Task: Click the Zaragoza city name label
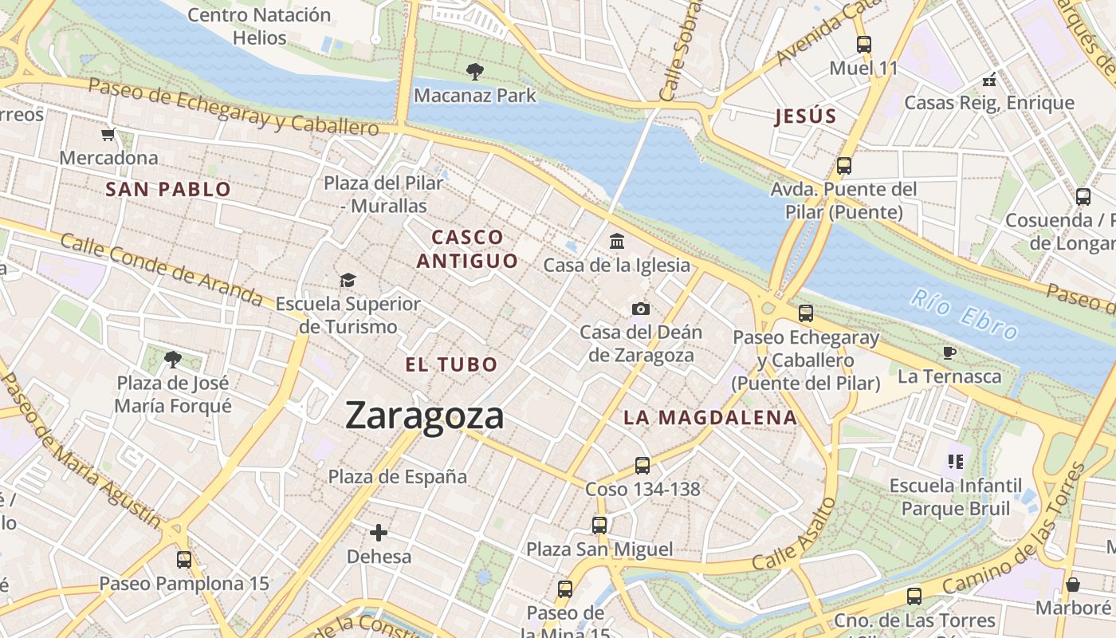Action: (424, 416)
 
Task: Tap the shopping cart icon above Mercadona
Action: (108, 134)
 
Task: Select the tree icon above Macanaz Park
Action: (474, 72)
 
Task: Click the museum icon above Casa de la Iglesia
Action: (616, 241)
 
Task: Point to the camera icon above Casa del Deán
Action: (640, 309)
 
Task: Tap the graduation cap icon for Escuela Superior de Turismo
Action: (348, 280)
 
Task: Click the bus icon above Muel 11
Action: (863, 45)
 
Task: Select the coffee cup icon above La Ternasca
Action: (949, 352)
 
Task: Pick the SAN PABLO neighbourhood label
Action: (168, 190)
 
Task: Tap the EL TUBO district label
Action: (451, 365)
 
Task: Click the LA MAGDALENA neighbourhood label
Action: (709, 417)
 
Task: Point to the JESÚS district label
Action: (806, 116)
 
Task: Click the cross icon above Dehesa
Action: (379, 532)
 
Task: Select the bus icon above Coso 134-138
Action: (642, 465)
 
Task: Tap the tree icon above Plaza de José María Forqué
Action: (172, 360)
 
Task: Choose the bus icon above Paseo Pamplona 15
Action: (184, 559)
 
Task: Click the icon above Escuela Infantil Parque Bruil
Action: (955, 461)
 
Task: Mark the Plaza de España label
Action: (398, 477)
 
